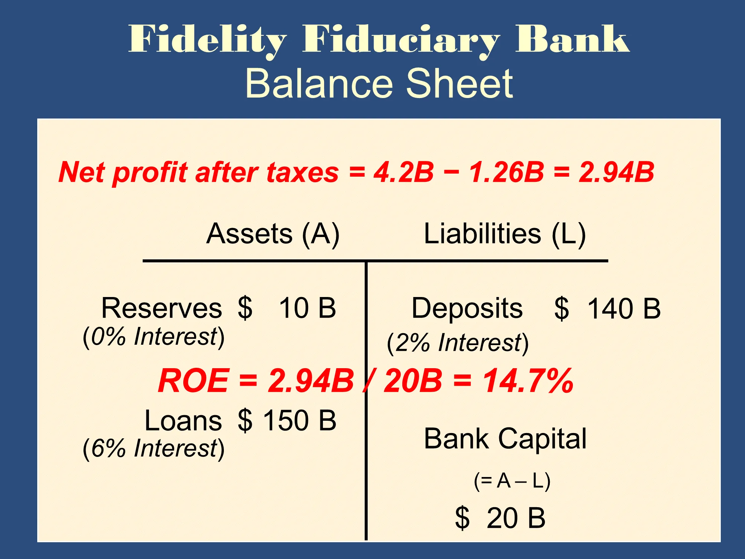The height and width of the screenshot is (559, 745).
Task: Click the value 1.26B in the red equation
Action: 507,172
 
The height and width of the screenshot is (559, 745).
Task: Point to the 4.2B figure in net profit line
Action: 404,172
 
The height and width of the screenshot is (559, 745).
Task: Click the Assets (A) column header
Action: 273,234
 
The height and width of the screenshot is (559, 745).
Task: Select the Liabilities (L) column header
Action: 505,234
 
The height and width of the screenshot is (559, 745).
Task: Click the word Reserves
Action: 162,308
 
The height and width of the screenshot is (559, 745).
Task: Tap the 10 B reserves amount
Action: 308,308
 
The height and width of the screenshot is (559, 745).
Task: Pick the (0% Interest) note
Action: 154,337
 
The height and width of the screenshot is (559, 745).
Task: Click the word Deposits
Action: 467,309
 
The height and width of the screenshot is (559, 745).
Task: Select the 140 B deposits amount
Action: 624,309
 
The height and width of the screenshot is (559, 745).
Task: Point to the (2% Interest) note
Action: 458,343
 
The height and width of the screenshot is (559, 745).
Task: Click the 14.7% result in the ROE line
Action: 528,380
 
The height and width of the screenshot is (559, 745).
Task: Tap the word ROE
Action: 193,380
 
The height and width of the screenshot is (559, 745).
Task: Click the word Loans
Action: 183,420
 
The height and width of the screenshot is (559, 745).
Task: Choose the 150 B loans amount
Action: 300,420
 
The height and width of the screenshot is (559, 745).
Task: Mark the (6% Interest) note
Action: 154,448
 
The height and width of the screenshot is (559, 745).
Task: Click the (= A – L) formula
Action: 512,481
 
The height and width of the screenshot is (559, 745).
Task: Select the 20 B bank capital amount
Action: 516,518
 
